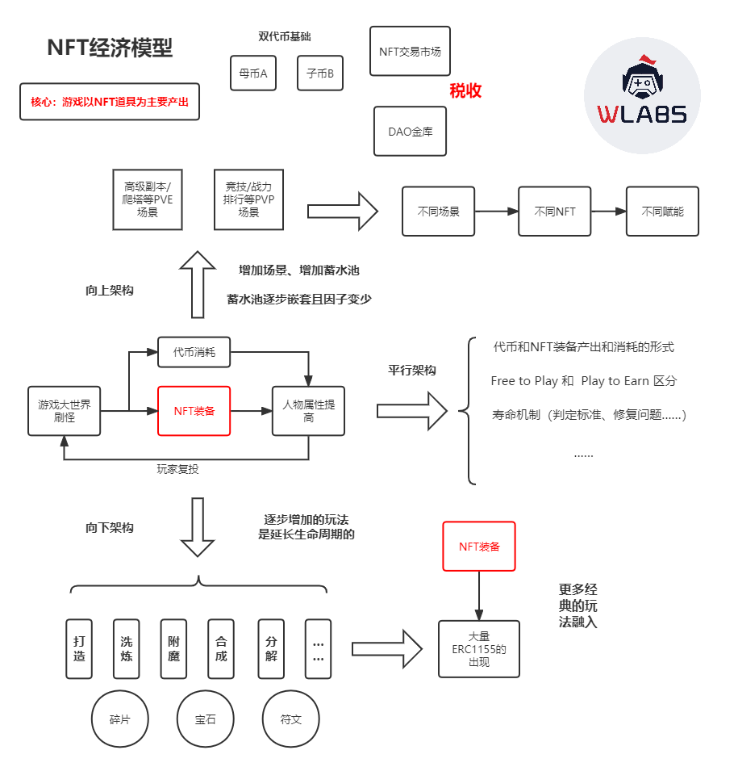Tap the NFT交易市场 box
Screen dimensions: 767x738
(x=410, y=51)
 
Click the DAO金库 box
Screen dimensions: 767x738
(x=410, y=131)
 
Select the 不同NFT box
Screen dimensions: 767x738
(x=555, y=212)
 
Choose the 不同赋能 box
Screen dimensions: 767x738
(x=662, y=212)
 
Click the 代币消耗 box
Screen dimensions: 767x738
(x=194, y=352)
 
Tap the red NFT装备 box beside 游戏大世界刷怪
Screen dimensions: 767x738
(x=194, y=410)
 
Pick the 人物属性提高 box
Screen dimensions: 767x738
(x=308, y=410)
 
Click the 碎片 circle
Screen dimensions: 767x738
(x=119, y=719)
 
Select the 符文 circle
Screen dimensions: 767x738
(x=290, y=719)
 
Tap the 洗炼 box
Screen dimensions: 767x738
(x=127, y=649)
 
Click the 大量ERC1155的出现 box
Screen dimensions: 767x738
(x=479, y=648)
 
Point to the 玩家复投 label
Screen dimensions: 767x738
(x=177, y=468)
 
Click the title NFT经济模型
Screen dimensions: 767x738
(x=110, y=48)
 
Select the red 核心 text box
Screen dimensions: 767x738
(x=110, y=102)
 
